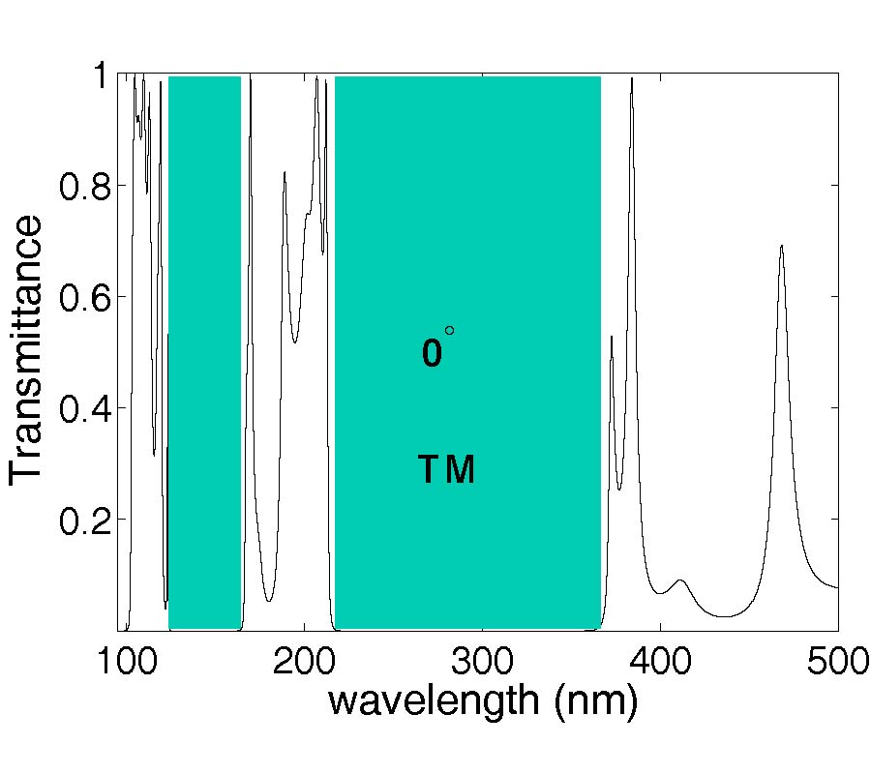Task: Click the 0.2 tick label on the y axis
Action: coord(86,521)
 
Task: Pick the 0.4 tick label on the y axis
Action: coord(86,409)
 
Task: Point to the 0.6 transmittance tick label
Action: coord(86,297)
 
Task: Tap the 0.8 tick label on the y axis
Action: coord(86,186)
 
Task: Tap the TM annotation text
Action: coord(446,470)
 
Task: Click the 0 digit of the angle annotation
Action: coord(432,354)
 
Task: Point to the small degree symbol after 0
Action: coord(449,331)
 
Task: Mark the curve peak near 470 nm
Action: coord(781,247)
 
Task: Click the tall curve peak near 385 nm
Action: coord(632,79)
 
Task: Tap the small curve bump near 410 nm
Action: coord(681,580)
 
